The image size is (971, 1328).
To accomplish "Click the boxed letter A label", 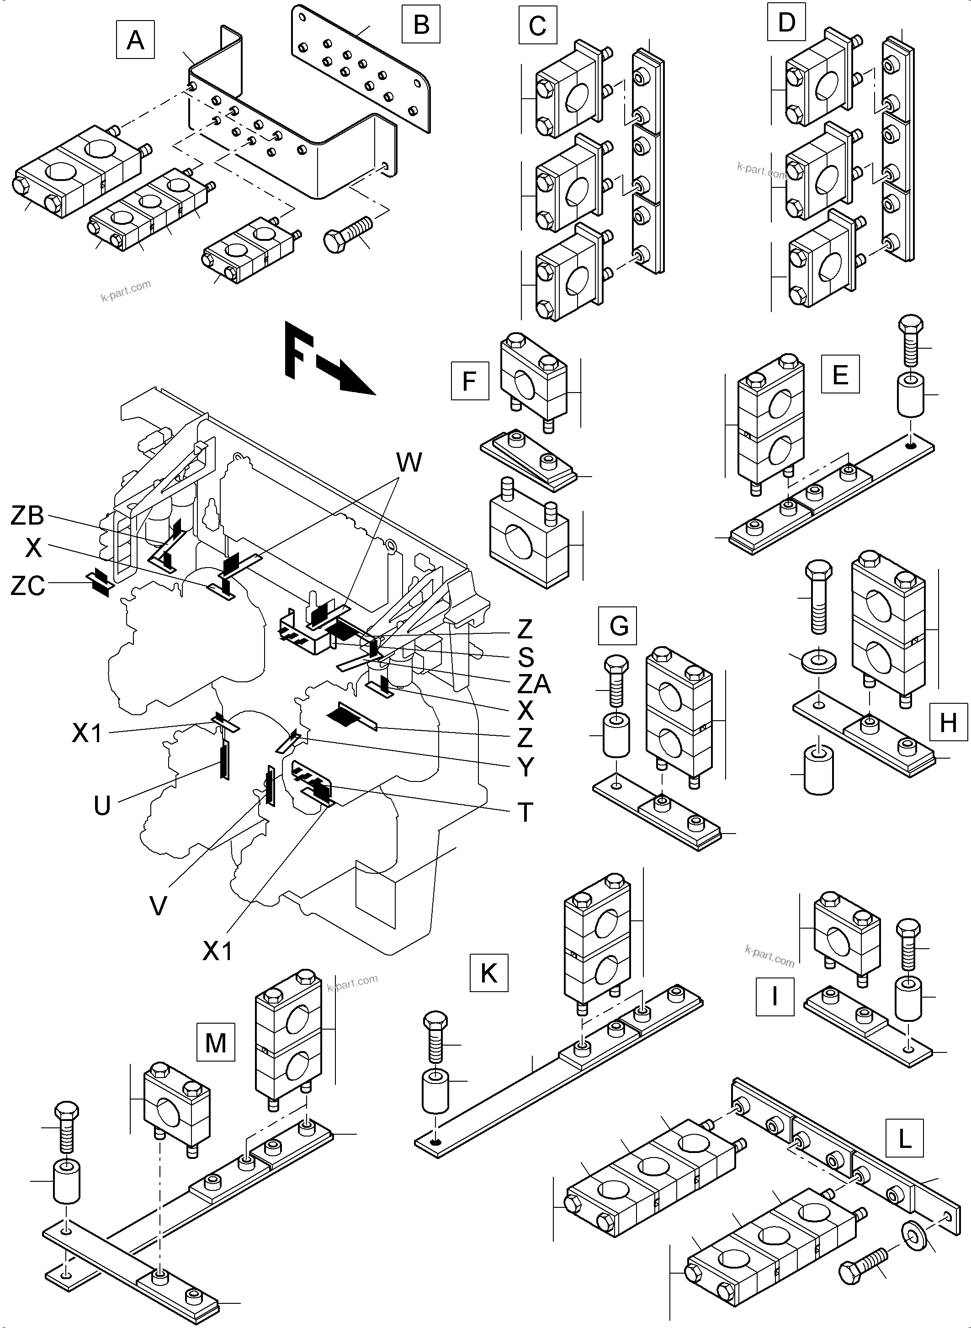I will (135, 40).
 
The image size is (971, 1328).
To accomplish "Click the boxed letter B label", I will (421, 25).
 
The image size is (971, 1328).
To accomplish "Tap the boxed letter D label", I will (786, 22).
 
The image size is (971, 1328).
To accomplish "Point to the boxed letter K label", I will (488, 973).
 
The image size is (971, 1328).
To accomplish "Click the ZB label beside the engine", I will (27, 515).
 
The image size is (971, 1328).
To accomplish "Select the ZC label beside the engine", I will (27, 586).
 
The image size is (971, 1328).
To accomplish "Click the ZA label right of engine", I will (533, 684).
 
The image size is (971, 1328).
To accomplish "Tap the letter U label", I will (102, 806).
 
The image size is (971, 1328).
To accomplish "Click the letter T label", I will (525, 813).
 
